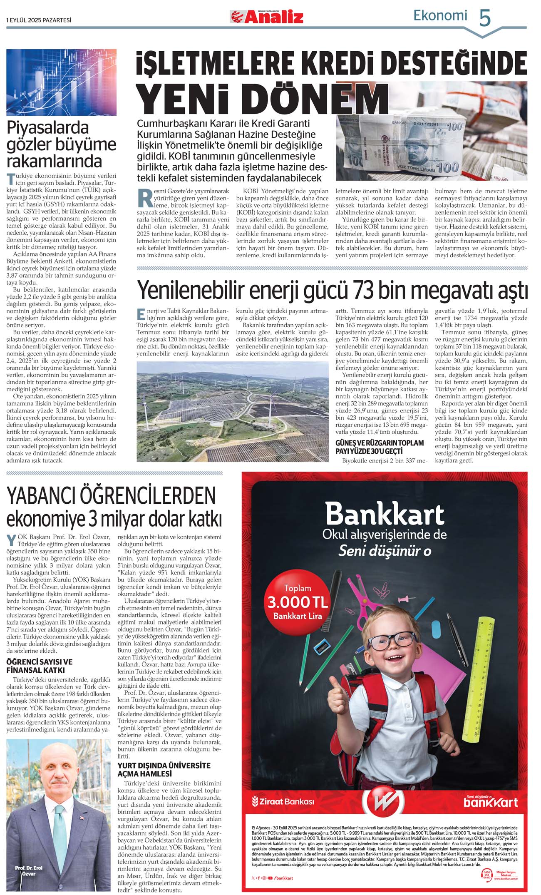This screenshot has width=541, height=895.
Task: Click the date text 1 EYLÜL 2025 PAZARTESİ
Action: [x=39, y=20]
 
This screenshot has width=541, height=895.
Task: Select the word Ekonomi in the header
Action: [x=440, y=15]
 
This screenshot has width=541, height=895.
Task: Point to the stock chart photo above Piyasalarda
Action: [x=61, y=82]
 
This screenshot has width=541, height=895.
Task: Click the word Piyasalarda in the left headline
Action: [x=48, y=127]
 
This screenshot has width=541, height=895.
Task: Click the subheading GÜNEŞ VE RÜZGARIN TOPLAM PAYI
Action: [x=380, y=447]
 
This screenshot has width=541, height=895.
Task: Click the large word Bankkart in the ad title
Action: [x=385, y=514]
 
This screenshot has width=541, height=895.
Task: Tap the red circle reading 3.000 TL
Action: [x=297, y=602]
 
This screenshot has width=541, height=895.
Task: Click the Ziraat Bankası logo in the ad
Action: [x=283, y=801]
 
